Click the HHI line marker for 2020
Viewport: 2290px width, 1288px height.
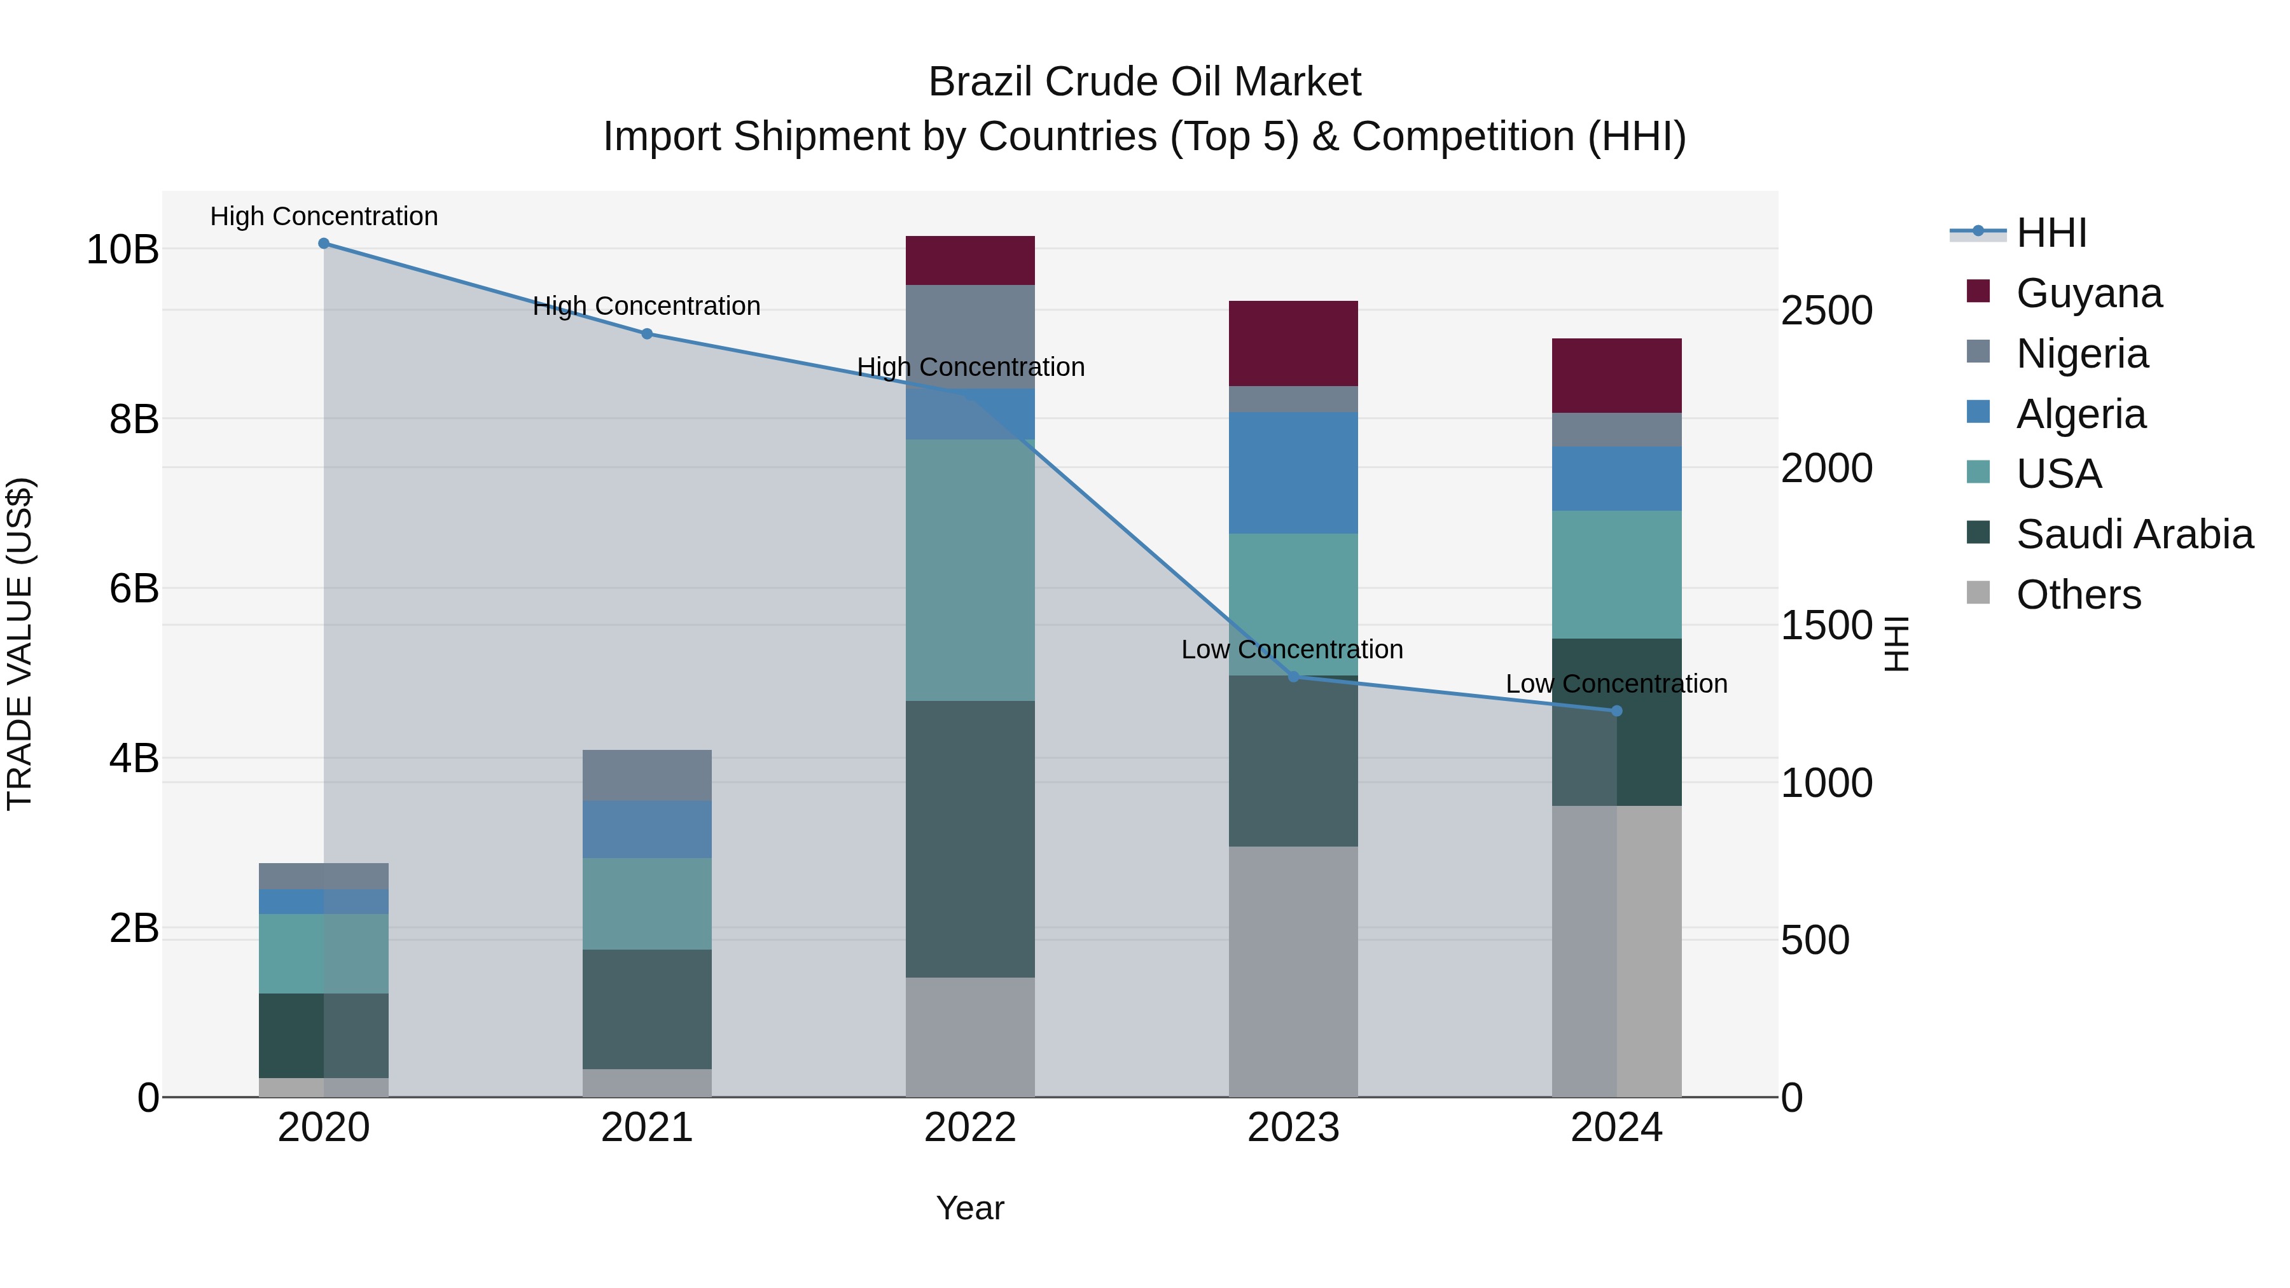[324, 244]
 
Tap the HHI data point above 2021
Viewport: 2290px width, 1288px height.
[647, 334]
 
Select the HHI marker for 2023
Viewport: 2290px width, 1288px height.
[1293, 677]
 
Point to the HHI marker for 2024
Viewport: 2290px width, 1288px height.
[1617, 711]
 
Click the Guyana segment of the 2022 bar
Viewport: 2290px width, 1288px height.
[970, 260]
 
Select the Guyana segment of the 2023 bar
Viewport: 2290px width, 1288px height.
[1293, 343]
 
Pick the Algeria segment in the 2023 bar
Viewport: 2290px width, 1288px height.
[1293, 473]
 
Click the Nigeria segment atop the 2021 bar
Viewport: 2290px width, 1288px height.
[647, 775]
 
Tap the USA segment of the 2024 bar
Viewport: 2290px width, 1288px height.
[1617, 574]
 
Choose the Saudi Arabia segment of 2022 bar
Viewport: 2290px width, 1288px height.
[970, 839]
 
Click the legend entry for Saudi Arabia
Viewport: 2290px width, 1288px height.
[2134, 534]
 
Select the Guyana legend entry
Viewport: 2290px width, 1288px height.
[2088, 293]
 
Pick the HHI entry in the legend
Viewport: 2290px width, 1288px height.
[2051, 233]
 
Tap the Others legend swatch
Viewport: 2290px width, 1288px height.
[1978, 593]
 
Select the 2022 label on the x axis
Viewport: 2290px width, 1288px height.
[970, 1128]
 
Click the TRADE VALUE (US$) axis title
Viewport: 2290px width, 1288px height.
[20, 644]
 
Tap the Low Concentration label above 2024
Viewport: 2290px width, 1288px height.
[1616, 684]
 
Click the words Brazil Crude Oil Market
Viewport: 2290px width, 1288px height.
[1144, 82]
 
